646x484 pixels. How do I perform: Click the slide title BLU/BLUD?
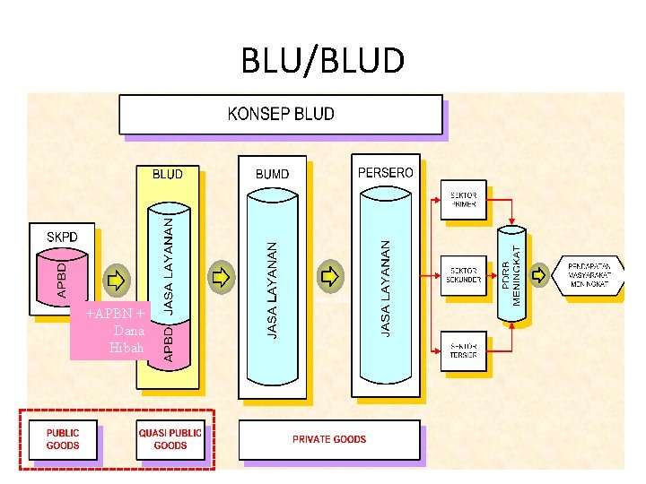point(323,61)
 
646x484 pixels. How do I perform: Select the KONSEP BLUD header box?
point(281,115)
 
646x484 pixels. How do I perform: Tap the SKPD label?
point(63,237)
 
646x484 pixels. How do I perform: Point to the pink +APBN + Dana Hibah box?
point(115,331)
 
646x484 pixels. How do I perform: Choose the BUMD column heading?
point(273,174)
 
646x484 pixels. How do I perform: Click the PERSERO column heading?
point(386,172)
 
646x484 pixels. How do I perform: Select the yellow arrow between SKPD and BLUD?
point(117,279)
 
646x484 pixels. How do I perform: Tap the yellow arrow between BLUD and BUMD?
point(220,276)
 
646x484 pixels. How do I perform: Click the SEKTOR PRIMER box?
point(463,200)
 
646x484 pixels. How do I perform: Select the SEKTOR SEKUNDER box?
point(463,275)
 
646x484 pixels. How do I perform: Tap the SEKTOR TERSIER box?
point(463,350)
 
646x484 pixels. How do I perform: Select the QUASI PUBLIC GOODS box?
point(170,438)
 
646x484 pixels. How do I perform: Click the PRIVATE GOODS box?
point(328,439)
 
